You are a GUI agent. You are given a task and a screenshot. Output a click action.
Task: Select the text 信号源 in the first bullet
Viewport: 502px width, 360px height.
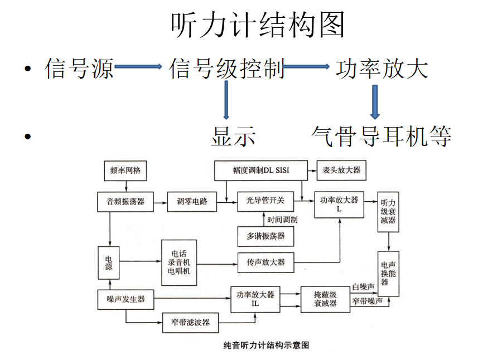point(79,69)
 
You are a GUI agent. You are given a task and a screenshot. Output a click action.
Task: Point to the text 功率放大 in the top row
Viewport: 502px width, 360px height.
point(382,69)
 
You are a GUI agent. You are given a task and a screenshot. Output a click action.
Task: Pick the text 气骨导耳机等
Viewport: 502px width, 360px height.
point(382,136)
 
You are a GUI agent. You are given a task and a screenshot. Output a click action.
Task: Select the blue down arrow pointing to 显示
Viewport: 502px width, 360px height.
point(226,100)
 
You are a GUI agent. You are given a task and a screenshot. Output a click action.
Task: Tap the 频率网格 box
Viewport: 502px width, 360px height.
point(126,171)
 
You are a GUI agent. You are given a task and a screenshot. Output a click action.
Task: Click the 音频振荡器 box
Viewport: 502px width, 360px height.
point(126,202)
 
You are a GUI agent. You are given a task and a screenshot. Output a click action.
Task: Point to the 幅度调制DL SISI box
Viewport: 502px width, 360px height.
point(261,171)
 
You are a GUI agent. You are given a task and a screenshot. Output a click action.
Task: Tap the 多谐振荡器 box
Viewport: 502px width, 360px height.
point(266,236)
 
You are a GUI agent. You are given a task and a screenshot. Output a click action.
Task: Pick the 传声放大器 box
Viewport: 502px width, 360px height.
point(266,261)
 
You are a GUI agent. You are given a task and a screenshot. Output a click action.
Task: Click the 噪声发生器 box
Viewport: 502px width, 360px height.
point(126,299)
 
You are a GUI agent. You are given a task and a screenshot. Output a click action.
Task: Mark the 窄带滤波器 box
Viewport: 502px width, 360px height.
point(191,322)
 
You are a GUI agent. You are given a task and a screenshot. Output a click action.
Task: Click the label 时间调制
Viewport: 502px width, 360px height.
point(282,220)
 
